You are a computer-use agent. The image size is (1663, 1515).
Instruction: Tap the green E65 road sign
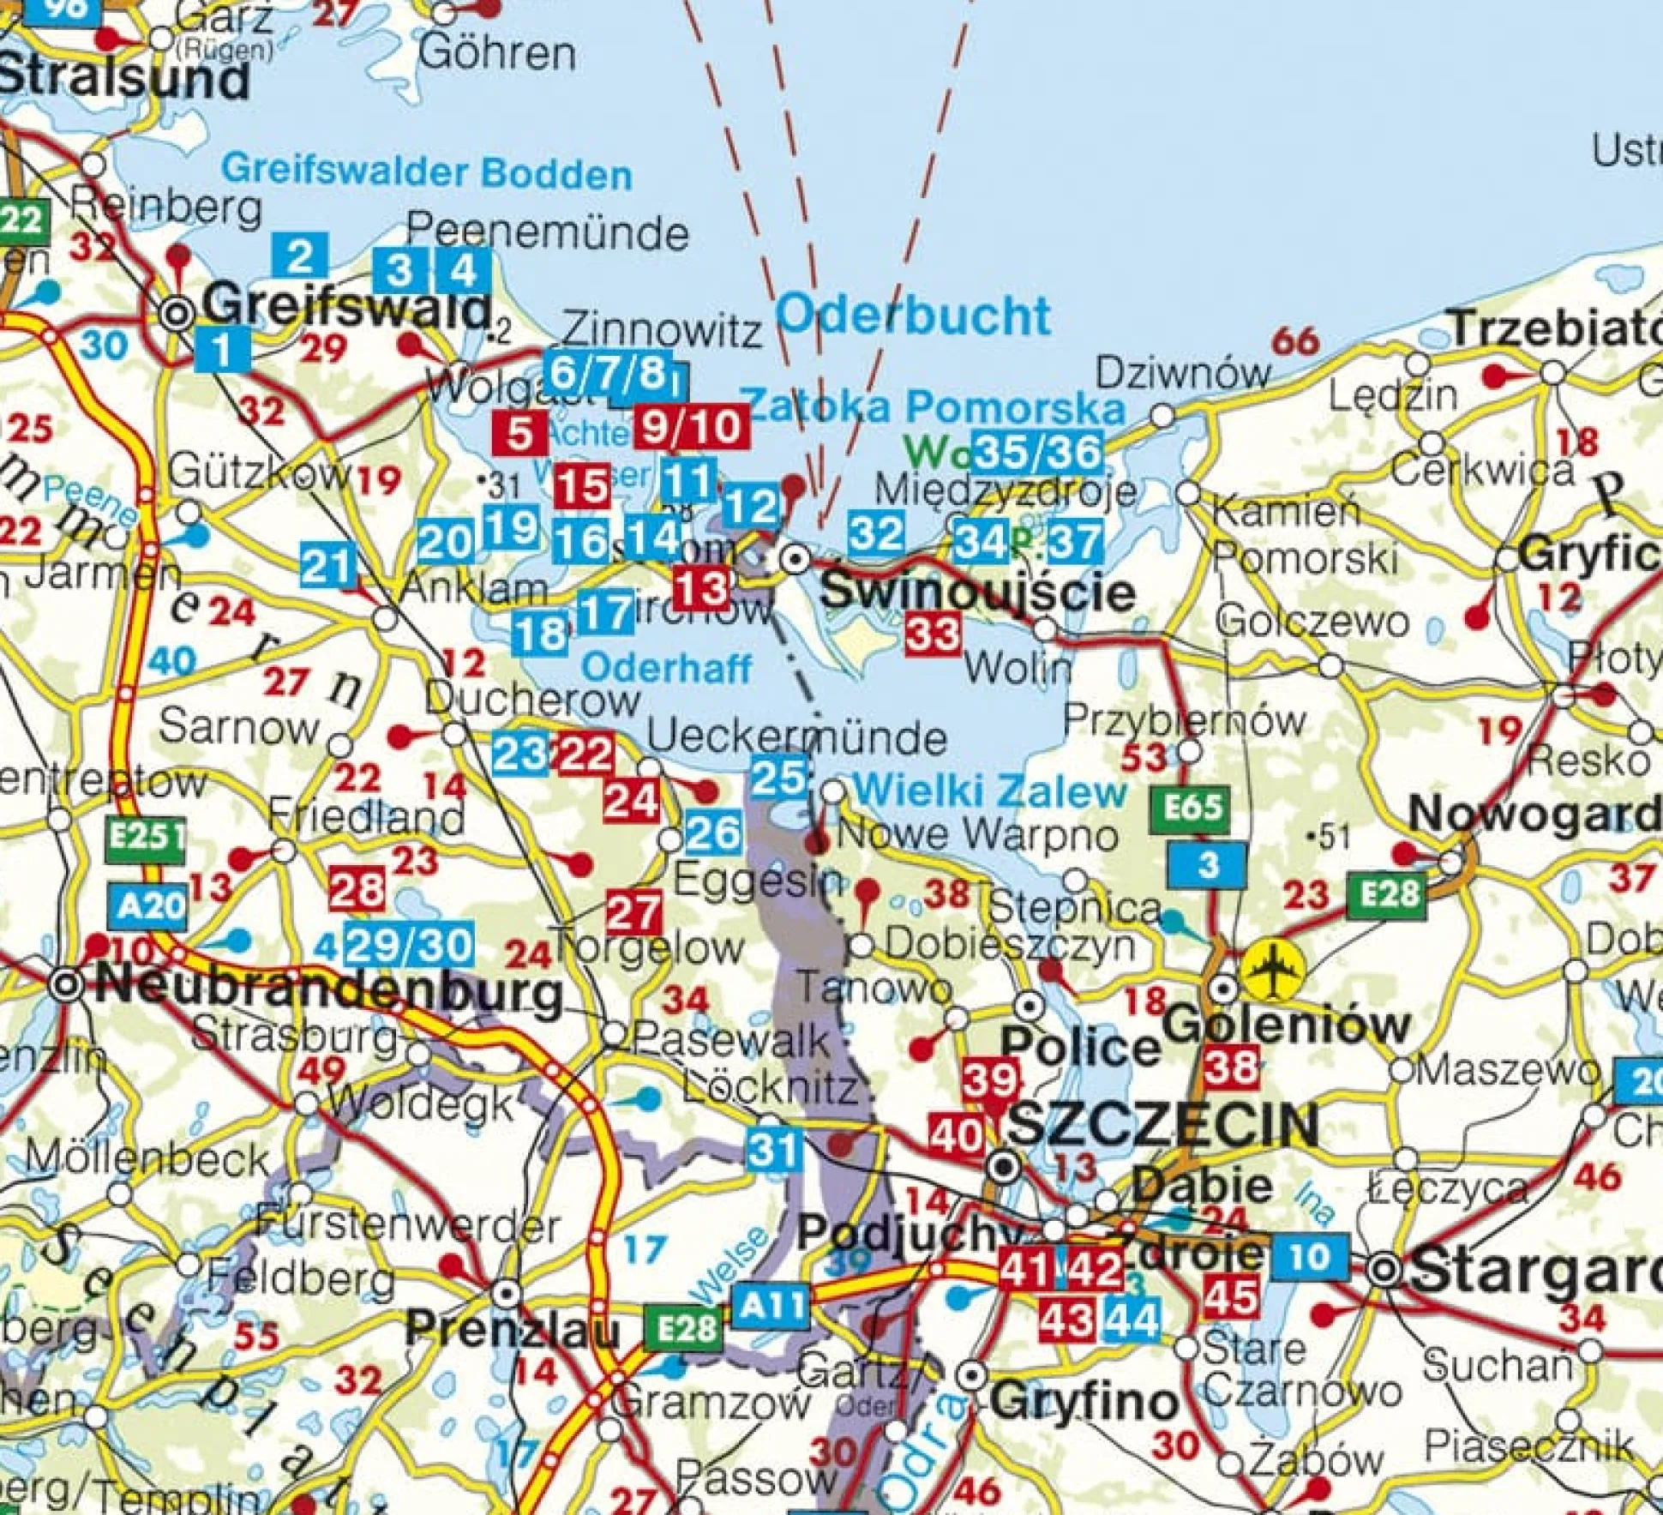click(1192, 807)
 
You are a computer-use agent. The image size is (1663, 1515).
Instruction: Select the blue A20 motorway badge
click(149, 905)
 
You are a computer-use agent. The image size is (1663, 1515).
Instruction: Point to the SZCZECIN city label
click(1162, 1125)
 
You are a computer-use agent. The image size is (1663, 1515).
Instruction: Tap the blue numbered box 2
click(300, 255)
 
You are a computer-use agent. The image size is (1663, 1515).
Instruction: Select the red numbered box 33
click(933, 635)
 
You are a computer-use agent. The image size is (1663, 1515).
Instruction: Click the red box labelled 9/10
click(692, 426)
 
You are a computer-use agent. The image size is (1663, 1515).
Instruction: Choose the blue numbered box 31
click(774, 1149)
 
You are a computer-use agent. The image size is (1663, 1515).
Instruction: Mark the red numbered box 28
click(357, 889)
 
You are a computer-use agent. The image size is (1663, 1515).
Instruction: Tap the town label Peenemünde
click(547, 231)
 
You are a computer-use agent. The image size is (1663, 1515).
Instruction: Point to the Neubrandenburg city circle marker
click(67, 985)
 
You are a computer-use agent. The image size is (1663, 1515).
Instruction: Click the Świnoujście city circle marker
click(797, 560)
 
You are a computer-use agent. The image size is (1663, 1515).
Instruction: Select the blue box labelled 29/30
click(409, 945)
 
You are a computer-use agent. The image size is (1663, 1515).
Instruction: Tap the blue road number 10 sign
click(1309, 1257)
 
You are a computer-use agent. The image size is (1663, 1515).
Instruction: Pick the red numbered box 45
click(1231, 1297)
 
